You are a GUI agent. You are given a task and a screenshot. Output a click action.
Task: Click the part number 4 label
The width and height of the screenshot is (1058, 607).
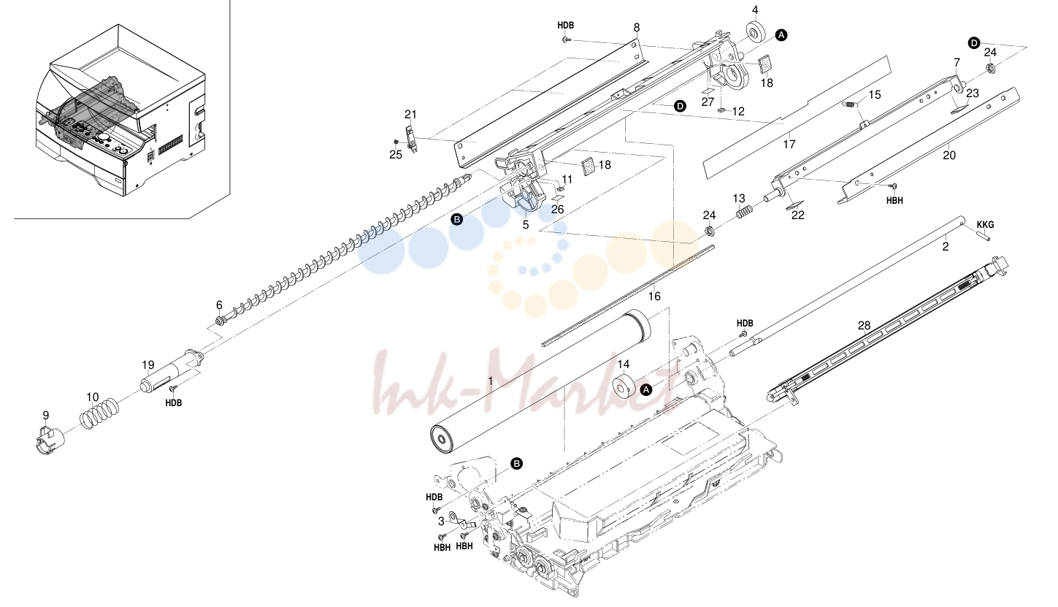point(755,10)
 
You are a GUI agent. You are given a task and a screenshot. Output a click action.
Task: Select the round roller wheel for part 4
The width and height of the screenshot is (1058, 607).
point(756,31)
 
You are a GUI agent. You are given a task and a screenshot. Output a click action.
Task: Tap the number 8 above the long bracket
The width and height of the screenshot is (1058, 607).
point(637,28)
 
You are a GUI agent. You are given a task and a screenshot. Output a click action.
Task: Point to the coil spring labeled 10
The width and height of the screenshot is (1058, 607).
point(99,413)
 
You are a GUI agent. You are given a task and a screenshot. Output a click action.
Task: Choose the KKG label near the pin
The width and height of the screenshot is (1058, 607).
point(985,225)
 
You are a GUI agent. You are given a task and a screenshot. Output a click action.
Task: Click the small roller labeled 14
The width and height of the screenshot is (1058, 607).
point(623,386)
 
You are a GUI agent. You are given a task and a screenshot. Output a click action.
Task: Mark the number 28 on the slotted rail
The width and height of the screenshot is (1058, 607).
point(864,326)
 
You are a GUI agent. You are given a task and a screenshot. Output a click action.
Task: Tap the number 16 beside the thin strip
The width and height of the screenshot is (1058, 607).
point(654,296)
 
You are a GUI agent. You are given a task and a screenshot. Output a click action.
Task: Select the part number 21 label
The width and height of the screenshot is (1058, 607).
point(410,114)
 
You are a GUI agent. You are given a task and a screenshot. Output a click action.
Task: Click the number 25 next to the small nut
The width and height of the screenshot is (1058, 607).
point(396,154)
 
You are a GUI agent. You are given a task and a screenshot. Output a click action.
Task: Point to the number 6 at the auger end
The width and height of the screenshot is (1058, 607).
point(219,305)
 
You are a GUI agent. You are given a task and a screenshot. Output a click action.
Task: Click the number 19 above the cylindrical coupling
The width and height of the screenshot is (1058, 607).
point(148,364)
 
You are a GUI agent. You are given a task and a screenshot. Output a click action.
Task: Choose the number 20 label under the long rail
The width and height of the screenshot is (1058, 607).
point(949,155)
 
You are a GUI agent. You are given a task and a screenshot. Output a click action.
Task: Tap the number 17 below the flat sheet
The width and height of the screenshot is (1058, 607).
point(789,144)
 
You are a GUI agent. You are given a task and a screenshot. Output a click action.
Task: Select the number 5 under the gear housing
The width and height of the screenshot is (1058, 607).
point(526,225)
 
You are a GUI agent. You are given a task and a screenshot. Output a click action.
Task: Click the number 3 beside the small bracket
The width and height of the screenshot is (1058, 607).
point(441,522)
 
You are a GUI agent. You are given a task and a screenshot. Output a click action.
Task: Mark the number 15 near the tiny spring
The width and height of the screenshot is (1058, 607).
point(875,95)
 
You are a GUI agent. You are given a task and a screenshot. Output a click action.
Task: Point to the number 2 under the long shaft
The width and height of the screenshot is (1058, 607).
point(945,247)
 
